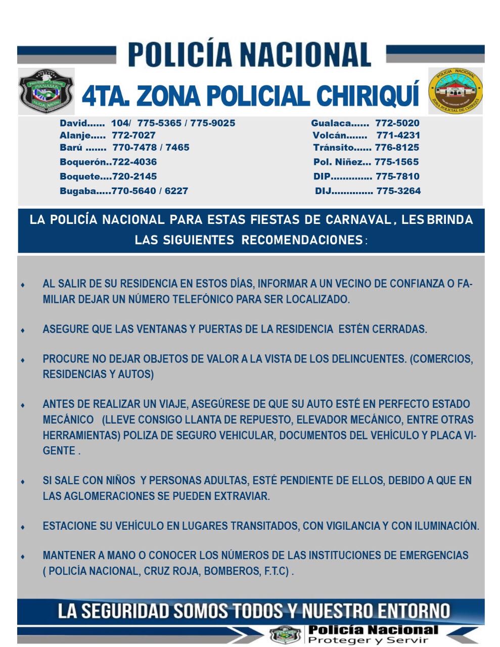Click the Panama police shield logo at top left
(46, 90)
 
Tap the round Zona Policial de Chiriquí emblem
(455, 91)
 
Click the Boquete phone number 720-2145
(134, 176)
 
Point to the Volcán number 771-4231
(398, 135)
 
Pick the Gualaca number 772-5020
(397, 123)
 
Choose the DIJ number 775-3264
(398, 191)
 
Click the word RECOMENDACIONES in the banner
(302, 240)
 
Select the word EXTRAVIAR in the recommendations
(244, 496)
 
